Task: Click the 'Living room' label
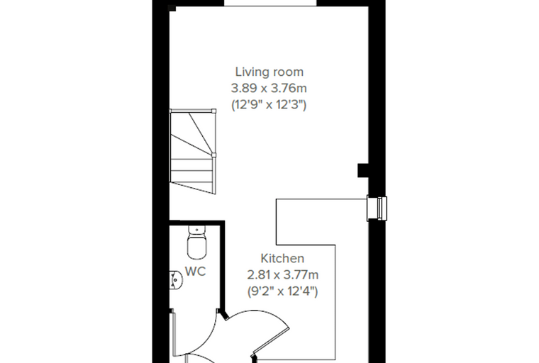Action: pos(269,72)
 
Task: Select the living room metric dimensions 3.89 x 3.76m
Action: pos(269,89)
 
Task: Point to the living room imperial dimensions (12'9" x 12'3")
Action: pos(269,104)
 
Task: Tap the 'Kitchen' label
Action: pos(282,259)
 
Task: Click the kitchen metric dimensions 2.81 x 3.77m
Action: pos(282,275)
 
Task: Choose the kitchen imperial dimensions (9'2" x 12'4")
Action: pos(282,291)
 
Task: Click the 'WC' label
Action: pos(195,272)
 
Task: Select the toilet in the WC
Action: pos(197,242)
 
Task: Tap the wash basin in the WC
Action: pos(176,281)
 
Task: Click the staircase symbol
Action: pos(193,151)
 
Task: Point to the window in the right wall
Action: pos(377,208)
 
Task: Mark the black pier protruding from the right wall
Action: pos(363,170)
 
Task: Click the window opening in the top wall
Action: pos(270,3)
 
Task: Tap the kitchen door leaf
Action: pos(271,340)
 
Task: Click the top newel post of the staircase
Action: pos(213,111)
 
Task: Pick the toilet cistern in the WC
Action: pos(197,229)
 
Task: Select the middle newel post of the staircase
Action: pos(213,155)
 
